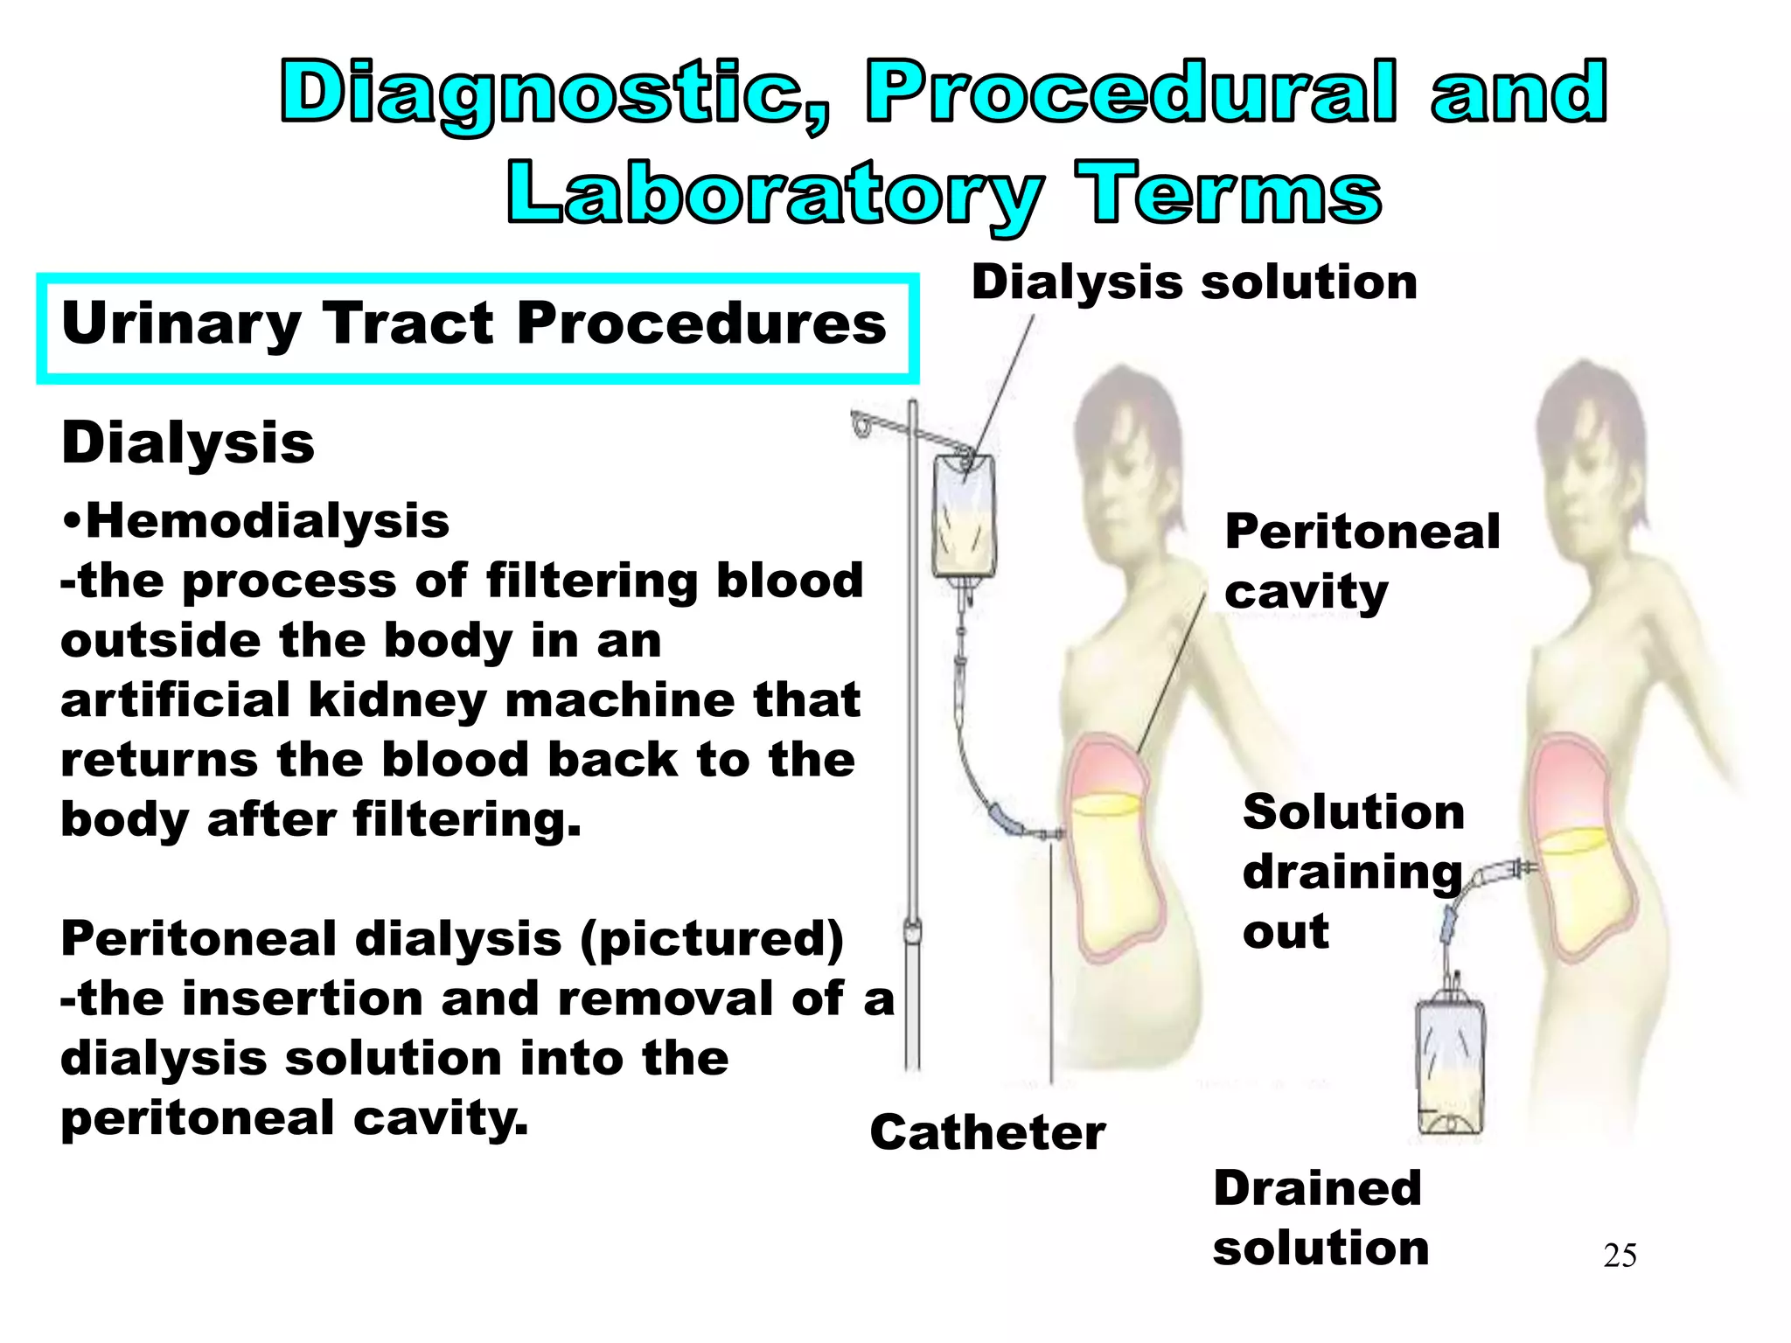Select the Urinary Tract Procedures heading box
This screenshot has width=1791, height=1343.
tap(477, 328)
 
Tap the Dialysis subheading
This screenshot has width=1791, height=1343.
tap(188, 444)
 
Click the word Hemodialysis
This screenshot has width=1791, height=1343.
tap(267, 522)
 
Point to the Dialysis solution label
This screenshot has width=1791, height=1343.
tap(1194, 283)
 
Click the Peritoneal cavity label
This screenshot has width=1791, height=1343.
tap(1361, 561)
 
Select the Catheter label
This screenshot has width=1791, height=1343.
tap(987, 1133)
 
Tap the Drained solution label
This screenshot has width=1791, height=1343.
tap(1320, 1218)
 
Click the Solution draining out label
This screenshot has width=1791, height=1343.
tap(1352, 872)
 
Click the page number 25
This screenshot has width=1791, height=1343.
tap(1620, 1256)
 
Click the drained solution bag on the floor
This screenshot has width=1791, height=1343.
tap(1449, 1067)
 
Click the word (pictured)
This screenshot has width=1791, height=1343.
tap(711, 940)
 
